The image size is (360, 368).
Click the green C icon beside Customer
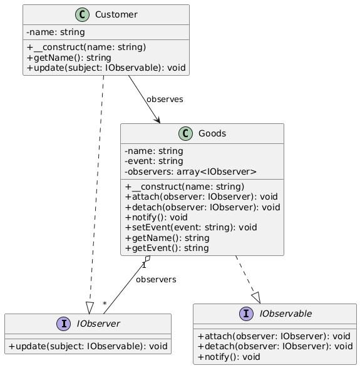pos(82,14)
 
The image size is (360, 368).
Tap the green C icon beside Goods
pos(185,133)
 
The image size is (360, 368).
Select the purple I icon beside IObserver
pos(64,324)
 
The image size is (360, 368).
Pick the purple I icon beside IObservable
pos(246,314)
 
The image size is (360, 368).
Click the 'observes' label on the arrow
pos(165,100)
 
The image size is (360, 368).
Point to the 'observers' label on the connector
pos(156,280)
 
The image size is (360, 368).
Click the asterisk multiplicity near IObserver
pos(105,304)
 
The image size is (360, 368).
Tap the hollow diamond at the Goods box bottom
pos(148,258)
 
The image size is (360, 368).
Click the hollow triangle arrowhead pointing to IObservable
pos(257,298)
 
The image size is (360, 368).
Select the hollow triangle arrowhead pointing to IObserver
pos(90,308)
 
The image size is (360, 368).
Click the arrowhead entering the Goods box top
pos(158,120)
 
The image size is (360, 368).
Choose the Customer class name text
pos(116,14)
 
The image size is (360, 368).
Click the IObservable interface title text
pos(285,314)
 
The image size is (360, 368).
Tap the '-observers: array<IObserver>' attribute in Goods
pos(191,171)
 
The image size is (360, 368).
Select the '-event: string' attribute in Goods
pos(154,161)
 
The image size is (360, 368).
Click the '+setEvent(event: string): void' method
pos(191,228)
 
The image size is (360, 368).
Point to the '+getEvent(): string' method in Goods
pos(167,248)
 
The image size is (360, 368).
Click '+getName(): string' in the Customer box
pos(69,58)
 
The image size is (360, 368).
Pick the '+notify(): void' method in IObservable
pos(229,357)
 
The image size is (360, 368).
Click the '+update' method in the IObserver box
pos(88,347)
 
